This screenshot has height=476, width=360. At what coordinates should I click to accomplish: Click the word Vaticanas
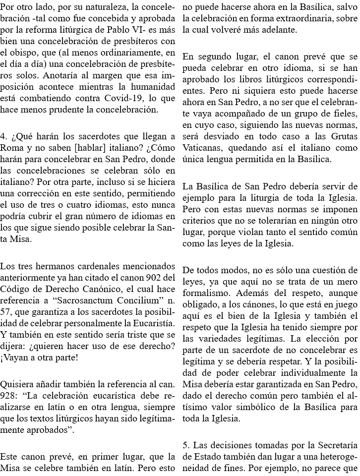(x=202, y=148)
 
